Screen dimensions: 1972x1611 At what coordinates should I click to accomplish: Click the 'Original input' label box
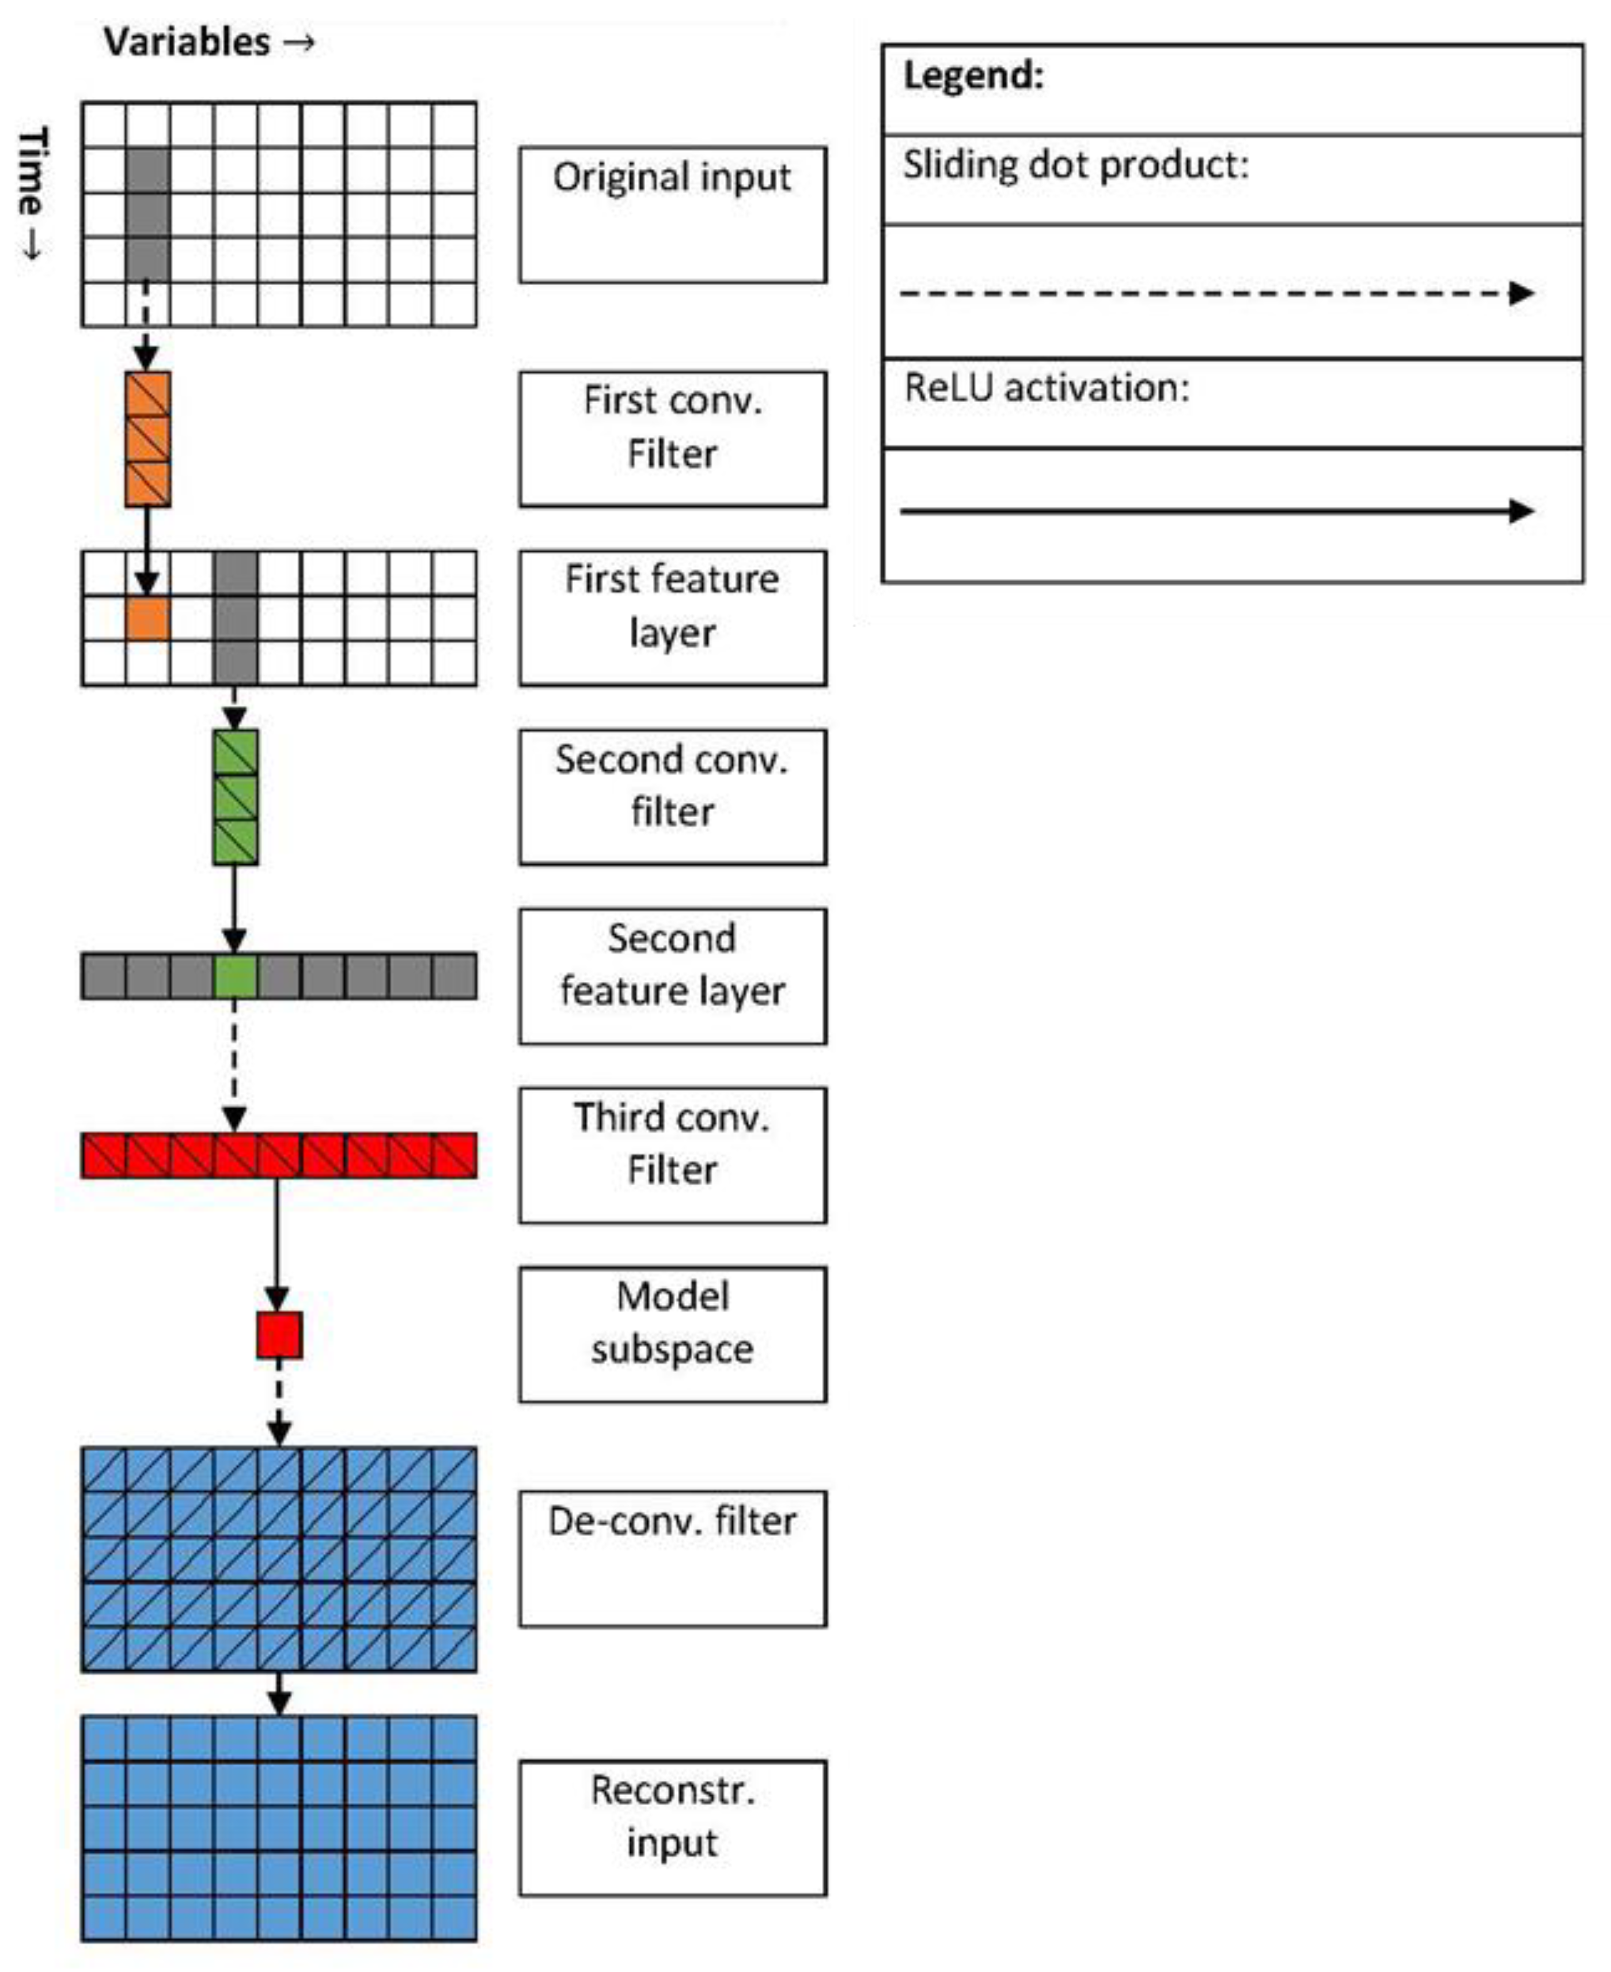(x=672, y=214)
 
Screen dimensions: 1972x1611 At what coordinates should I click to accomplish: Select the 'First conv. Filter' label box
(x=672, y=439)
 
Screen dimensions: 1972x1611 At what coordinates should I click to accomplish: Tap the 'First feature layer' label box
(x=672, y=618)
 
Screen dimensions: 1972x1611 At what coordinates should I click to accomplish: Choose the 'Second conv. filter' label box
(x=672, y=797)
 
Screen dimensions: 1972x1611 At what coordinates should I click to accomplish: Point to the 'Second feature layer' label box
(x=672, y=976)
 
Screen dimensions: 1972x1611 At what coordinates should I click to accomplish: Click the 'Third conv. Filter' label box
(x=672, y=1155)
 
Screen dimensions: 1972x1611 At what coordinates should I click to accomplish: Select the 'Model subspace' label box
(x=672, y=1334)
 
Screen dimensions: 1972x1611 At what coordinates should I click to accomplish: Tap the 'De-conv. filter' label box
(x=672, y=1559)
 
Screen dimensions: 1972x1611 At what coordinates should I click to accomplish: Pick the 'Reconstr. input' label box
(x=672, y=1828)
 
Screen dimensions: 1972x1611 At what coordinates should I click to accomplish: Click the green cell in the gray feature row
(x=236, y=976)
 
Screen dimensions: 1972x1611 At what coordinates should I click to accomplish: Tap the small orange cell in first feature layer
(x=147, y=618)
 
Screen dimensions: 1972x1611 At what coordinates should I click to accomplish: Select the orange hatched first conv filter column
(x=147, y=439)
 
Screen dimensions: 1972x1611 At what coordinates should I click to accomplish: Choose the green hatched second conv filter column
(x=236, y=797)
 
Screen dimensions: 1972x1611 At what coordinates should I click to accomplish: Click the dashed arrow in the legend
(x=1216, y=293)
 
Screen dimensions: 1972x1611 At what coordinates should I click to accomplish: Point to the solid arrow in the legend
(x=1216, y=510)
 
